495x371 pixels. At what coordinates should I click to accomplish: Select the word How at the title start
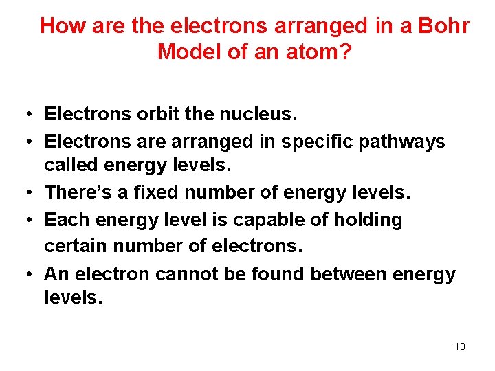click(x=60, y=26)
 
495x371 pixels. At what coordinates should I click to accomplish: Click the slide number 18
click(x=460, y=346)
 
